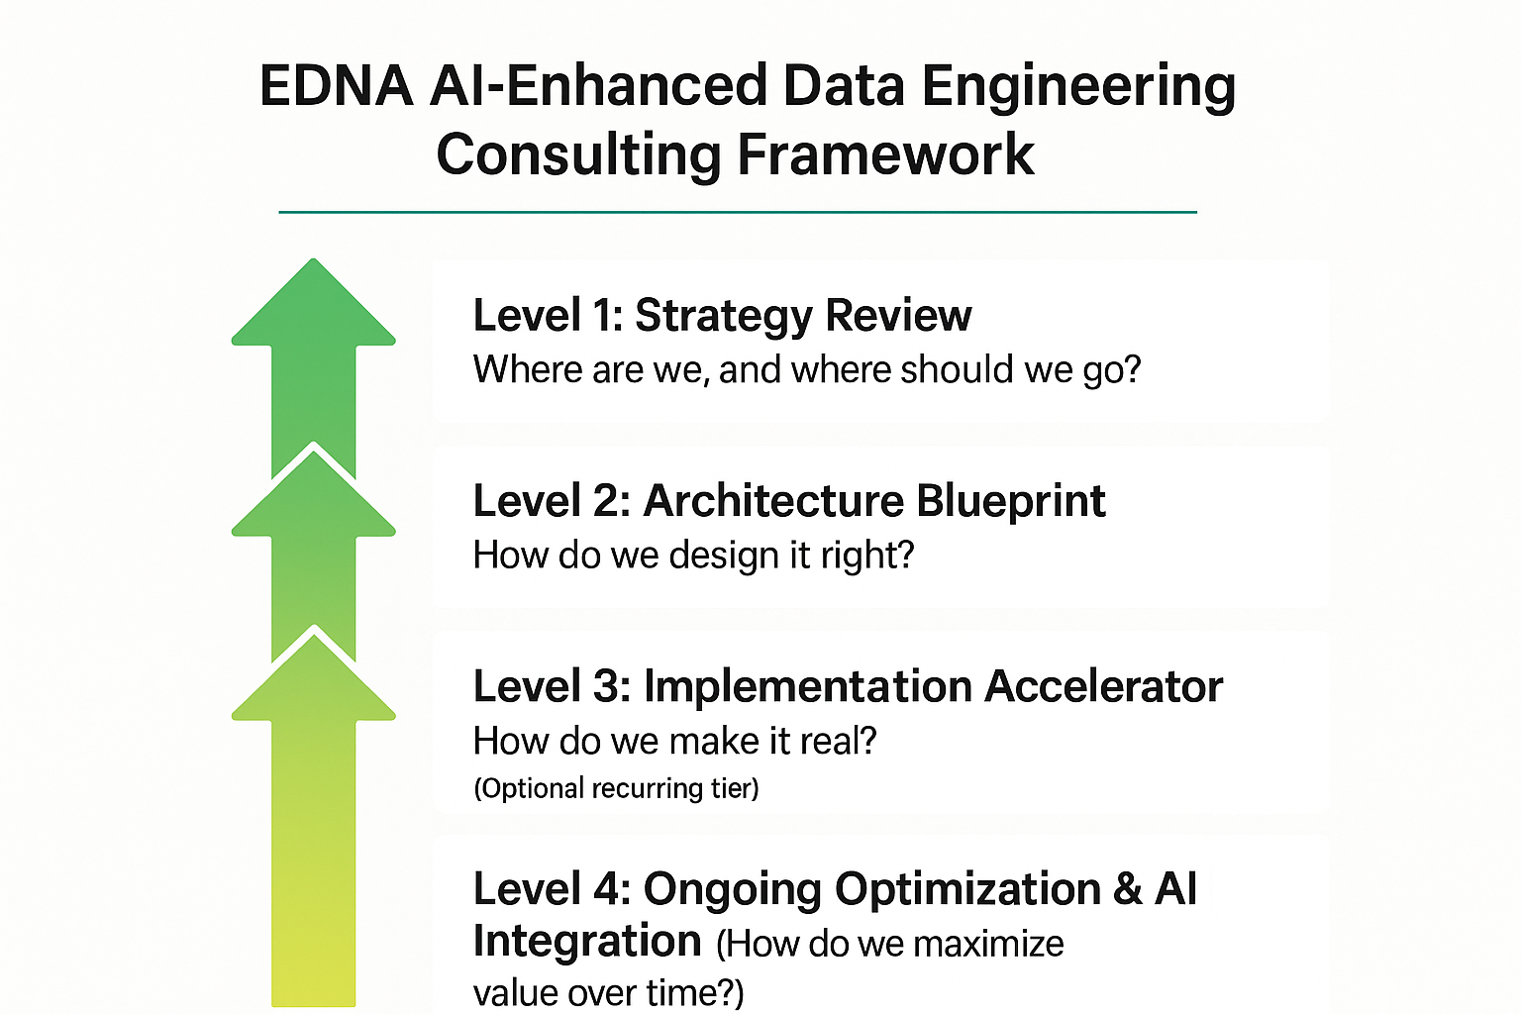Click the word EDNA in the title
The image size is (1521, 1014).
(336, 85)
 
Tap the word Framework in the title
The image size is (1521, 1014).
(885, 154)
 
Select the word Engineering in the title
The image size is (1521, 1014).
(1078, 89)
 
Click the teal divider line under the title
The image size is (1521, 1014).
(738, 213)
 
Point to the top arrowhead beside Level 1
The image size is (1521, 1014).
(314, 302)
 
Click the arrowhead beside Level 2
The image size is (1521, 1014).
(314, 493)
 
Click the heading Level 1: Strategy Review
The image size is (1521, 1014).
(722, 316)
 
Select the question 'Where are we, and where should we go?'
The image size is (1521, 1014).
(807, 370)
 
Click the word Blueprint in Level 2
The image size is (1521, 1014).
(1010, 503)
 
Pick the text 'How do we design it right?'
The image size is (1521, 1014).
(693, 556)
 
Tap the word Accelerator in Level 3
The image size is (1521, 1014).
(1103, 686)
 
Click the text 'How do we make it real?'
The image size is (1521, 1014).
(675, 741)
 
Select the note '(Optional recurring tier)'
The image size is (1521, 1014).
(616, 788)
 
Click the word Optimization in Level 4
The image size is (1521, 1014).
(966, 890)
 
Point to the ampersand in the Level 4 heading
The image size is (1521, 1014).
(1127, 889)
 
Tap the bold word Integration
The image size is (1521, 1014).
(586, 942)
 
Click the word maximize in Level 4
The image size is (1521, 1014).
(960, 945)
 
